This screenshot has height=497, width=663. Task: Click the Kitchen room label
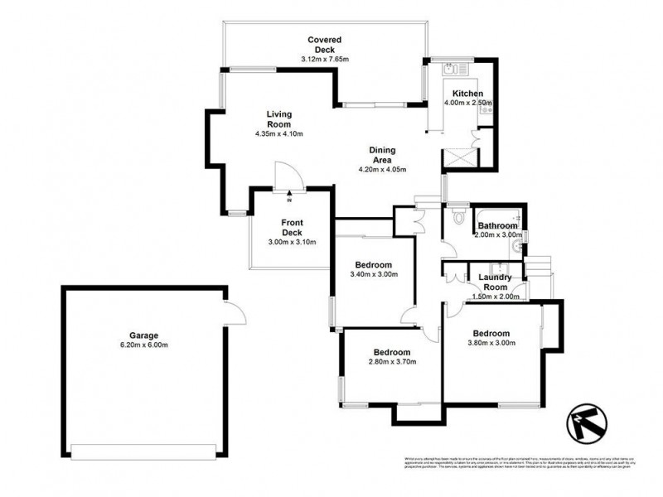pyautogui.click(x=468, y=94)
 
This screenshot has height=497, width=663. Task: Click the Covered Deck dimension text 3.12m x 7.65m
pyautogui.click(x=325, y=60)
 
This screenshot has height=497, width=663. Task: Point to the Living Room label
pyautogui.click(x=279, y=119)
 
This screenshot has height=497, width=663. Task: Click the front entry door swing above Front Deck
pyautogui.click(x=287, y=176)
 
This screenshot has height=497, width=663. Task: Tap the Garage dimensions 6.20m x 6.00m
pyautogui.click(x=143, y=347)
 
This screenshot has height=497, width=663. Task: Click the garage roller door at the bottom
pyautogui.click(x=143, y=451)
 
